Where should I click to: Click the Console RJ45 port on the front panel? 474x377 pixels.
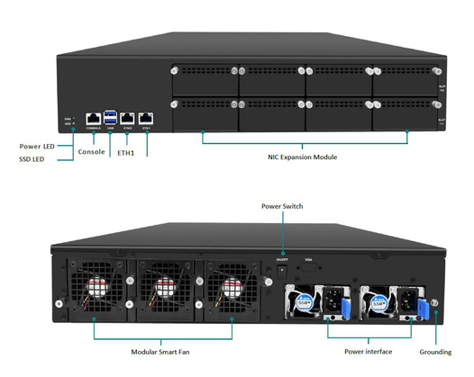tap(93, 118)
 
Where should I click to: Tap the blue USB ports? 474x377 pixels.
tap(111, 117)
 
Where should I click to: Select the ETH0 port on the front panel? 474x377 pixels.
tap(128, 118)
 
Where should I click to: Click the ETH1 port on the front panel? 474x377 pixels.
tap(146, 118)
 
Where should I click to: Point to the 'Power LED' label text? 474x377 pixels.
tap(37, 145)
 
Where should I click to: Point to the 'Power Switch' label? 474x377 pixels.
tap(282, 206)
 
